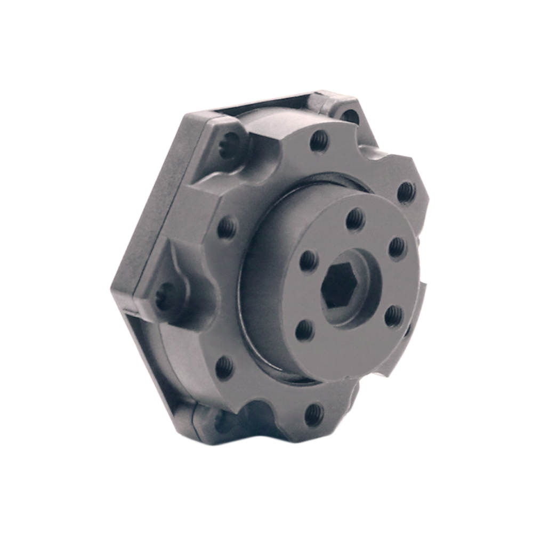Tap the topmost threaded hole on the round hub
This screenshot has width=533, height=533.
(x=354, y=219)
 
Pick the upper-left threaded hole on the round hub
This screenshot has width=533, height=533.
(x=309, y=260)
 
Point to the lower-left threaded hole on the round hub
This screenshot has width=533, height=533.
(x=304, y=330)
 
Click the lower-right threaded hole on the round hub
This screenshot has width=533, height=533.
(x=393, y=316)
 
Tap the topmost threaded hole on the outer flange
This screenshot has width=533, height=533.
(x=319, y=141)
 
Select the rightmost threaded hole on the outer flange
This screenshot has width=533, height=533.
(x=406, y=191)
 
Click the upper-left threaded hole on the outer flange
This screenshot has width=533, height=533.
(x=226, y=228)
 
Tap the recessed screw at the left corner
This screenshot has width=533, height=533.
(x=164, y=297)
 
